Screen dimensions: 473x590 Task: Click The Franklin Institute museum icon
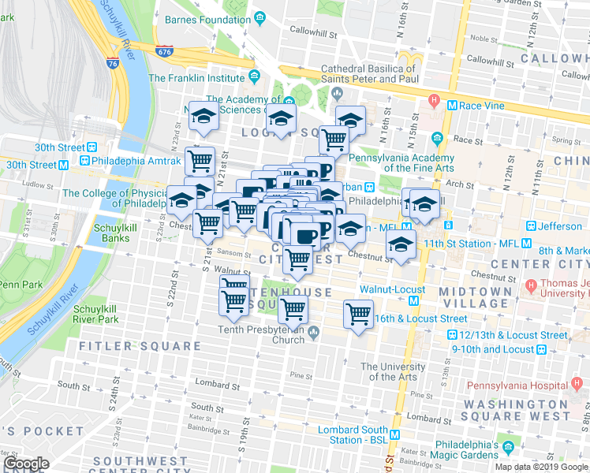(x=255, y=77)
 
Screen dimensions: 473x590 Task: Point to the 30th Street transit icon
(x=92, y=147)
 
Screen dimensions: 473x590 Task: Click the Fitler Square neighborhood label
(x=140, y=345)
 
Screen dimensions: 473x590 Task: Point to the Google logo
(x=26, y=464)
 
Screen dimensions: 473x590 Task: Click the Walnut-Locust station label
(x=392, y=289)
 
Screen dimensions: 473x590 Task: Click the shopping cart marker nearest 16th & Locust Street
(x=359, y=315)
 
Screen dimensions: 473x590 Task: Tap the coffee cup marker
(x=305, y=234)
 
